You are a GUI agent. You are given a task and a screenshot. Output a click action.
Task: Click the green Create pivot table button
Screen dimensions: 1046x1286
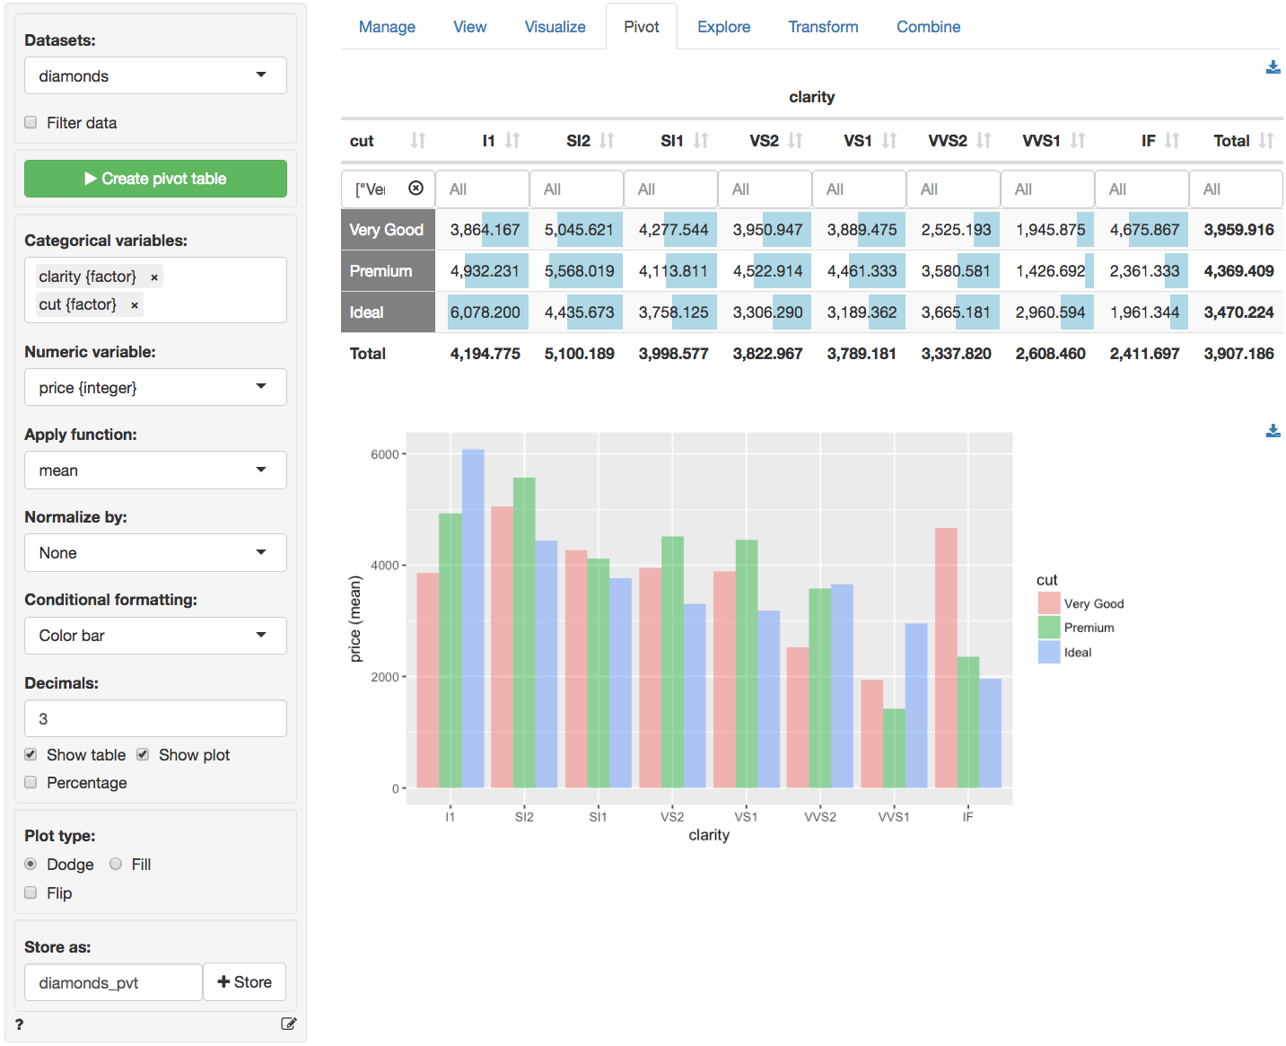[x=155, y=179]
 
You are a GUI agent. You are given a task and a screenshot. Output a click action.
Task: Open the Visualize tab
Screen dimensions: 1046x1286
[x=555, y=27]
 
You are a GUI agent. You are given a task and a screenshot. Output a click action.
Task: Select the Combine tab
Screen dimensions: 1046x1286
[x=928, y=27]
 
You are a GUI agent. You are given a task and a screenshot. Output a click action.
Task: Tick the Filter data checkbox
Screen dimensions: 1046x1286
[x=31, y=123]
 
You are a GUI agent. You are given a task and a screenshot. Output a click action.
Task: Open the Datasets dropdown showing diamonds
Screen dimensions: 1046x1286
[x=155, y=76]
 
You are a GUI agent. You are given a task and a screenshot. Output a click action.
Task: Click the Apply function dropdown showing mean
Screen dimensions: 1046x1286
[x=155, y=470]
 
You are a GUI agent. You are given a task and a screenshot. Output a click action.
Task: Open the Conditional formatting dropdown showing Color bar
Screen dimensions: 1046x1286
[x=155, y=636]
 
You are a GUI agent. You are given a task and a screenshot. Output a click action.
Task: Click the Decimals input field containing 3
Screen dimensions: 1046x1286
[x=155, y=719]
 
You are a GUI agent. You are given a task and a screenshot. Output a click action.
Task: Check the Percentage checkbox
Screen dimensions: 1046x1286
[x=31, y=783]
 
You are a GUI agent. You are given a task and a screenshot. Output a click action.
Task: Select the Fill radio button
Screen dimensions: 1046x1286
[x=116, y=865]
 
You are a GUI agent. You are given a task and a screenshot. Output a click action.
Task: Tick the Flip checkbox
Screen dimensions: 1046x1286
[x=31, y=893]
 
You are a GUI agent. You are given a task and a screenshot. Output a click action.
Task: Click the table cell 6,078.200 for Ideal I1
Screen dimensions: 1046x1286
[x=485, y=312]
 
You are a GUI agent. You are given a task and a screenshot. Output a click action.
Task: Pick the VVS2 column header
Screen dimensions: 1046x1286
[x=947, y=141]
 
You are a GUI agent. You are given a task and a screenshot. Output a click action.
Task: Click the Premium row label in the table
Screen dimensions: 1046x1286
[x=381, y=271]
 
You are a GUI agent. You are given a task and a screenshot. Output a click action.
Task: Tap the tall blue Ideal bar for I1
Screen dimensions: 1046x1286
[x=473, y=620]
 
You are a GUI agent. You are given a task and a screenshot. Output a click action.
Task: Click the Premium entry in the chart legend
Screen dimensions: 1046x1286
[x=1088, y=628]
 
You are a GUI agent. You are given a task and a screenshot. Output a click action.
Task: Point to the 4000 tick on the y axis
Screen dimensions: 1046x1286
[x=385, y=566]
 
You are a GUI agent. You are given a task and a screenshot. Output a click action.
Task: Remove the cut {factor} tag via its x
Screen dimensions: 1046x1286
[x=135, y=305]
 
